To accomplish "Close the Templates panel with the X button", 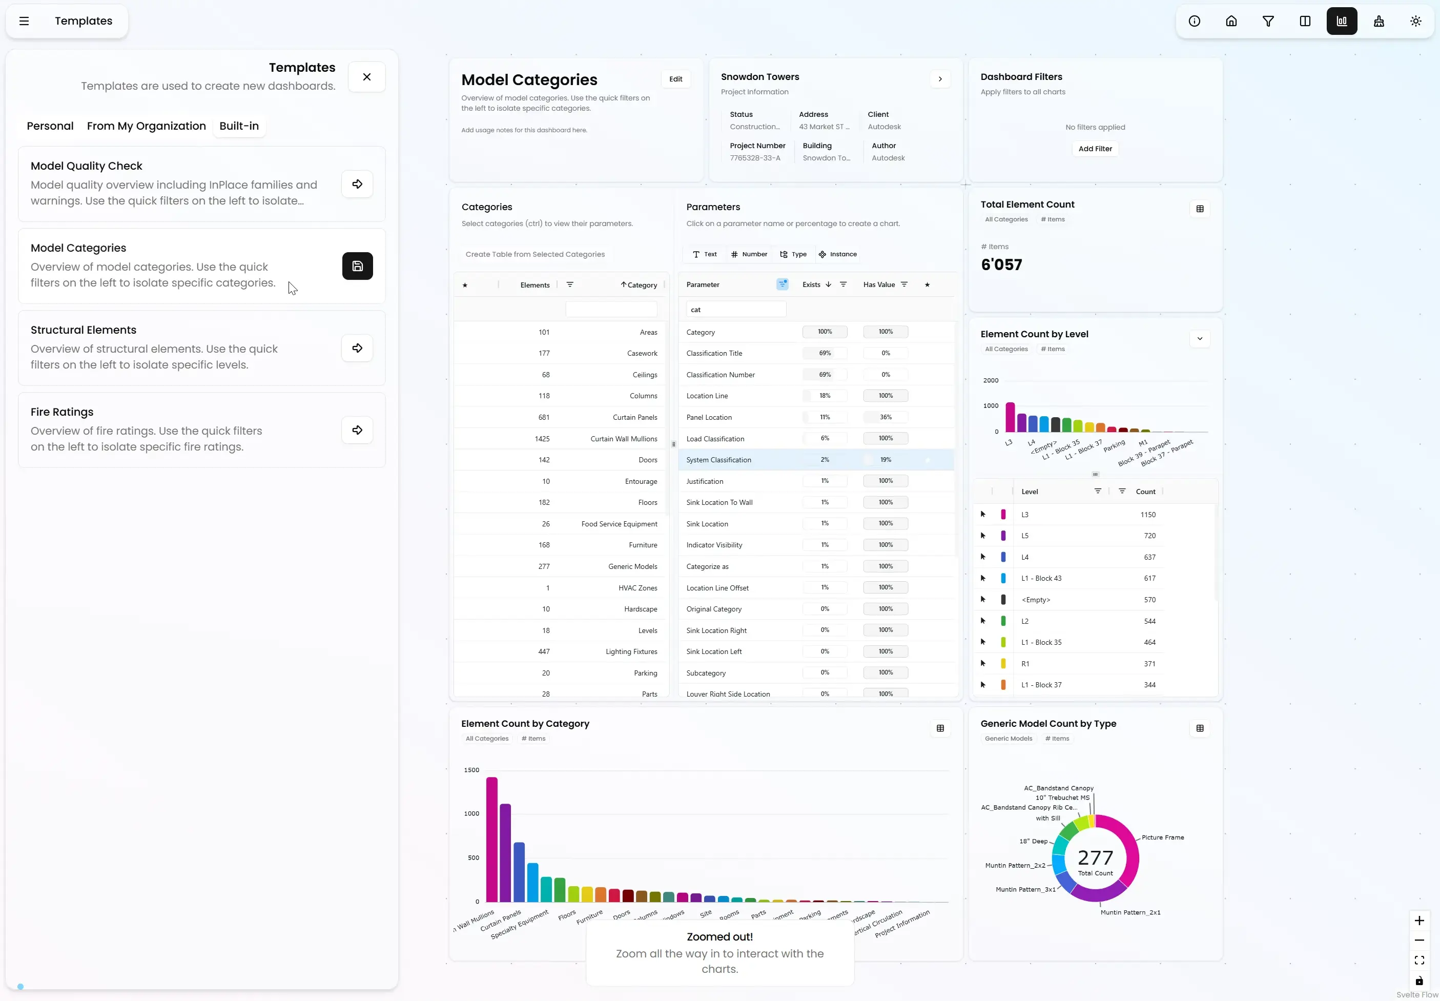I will point(367,77).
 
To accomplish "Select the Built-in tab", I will point(239,126).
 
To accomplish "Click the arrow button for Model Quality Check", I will point(357,185).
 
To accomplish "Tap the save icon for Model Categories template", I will point(357,266).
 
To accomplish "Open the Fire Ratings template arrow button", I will point(357,430).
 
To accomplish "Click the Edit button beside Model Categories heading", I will point(675,79).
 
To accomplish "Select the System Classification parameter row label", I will point(718,460).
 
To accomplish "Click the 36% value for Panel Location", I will point(885,417).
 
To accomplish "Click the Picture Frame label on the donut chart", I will point(1162,838).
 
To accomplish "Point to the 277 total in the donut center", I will point(1095,858).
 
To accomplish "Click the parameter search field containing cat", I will point(735,310).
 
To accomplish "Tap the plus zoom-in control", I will point(1418,921).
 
